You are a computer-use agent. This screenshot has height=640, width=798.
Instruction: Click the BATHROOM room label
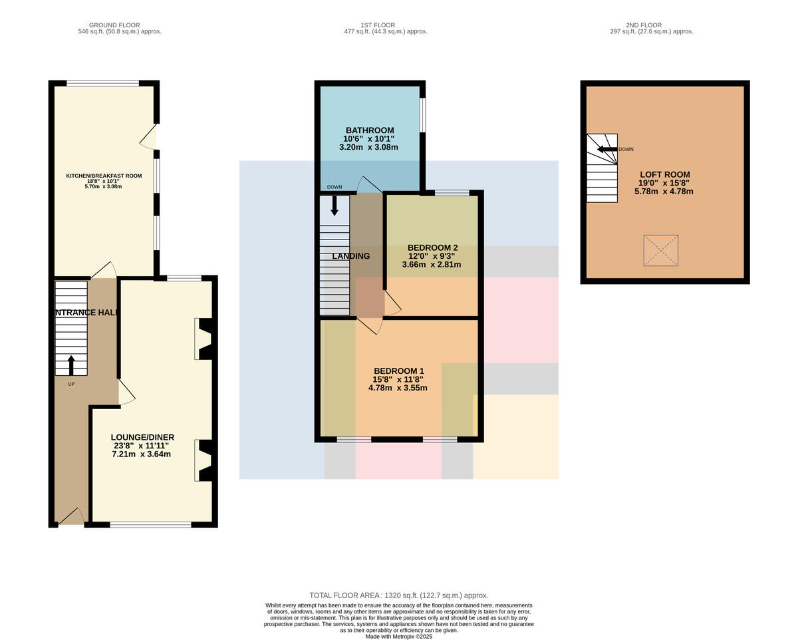(x=370, y=130)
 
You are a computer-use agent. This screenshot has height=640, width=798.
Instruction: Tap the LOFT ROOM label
(x=665, y=174)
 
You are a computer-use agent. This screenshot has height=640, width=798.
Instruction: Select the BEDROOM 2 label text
(x=432, y=247)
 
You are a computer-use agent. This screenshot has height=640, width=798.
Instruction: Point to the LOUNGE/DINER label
(x=142, y=437)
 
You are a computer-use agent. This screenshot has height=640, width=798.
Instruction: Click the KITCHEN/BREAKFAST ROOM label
(x=104, y=176)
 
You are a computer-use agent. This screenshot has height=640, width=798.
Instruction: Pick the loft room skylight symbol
(x=661, y=250)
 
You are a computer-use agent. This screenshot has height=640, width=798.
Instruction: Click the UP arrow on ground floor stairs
(x=71, y=365)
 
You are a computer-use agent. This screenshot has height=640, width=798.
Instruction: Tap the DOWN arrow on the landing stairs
(x=334, y=205)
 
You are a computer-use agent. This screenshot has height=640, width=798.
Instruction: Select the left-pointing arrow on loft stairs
(x=607, y=149)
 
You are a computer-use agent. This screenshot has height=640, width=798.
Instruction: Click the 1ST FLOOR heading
(x=378, y=25)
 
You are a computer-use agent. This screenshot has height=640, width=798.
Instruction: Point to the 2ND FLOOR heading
(x=644, y=25)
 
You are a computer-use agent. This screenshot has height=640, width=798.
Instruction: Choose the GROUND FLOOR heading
(x=114, y=25)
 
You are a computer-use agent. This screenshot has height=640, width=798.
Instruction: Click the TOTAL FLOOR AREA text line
(x=398, y=595)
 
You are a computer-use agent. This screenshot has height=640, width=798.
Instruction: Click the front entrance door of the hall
(x=71, y=516)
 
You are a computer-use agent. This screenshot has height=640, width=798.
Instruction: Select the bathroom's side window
(x=423, y=114)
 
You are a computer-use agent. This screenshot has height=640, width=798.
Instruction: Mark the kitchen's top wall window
(x=102, y=83)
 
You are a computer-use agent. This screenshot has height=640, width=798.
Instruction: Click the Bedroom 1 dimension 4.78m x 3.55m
(x=398, y=388)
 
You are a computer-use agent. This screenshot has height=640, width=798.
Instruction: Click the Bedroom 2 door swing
(x=392, y=303)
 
